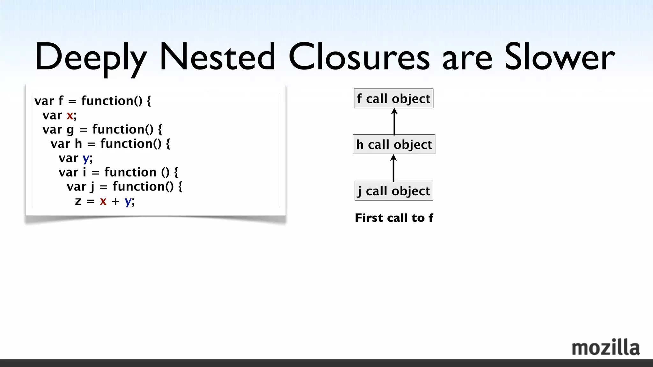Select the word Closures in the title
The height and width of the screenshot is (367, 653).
359,57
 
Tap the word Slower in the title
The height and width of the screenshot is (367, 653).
560,57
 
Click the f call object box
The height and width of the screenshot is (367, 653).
393,98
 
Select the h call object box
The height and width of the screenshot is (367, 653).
394,144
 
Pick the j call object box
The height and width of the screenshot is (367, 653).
394,191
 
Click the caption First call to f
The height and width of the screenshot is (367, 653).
394,218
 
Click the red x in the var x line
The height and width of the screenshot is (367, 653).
70,115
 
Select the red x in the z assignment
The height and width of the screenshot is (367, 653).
103,201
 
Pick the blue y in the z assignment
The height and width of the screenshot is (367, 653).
128,201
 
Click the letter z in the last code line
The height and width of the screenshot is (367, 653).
78,201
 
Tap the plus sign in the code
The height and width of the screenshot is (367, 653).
115,201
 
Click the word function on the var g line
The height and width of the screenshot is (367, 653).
123,130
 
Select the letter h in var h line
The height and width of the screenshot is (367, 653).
78,144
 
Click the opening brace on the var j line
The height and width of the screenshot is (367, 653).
180,187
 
